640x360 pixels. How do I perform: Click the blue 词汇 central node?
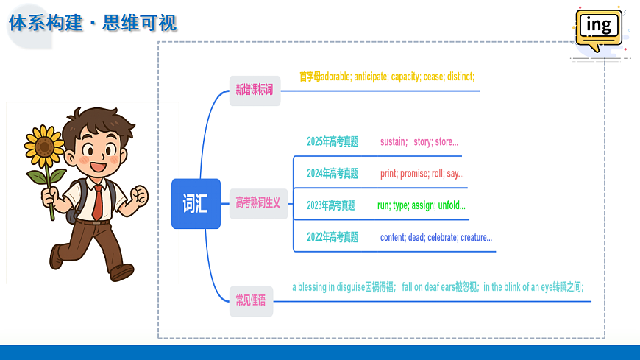(196, 203)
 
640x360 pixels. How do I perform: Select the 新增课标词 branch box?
(255, 91)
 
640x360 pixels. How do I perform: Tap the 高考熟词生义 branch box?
(258, 203)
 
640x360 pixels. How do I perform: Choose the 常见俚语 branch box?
(251, 301)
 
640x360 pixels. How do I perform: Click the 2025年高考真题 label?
(333, 142)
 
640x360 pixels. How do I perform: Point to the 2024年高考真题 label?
(333, 174)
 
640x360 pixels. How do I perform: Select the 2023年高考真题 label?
(331, 205)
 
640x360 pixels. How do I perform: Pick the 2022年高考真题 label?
(333, 237)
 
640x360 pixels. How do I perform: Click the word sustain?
(393, 142)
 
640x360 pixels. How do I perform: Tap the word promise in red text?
(414, 174)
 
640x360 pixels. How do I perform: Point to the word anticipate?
(370, 77)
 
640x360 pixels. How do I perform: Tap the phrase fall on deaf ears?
(428, 287)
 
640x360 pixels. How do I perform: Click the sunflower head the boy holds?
(44, 147)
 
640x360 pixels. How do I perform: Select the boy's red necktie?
(98, 202)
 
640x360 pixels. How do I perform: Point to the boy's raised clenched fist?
(140, 195)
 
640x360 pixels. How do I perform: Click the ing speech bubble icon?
(599, 29)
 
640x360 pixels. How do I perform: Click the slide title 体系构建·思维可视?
(93, 23)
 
